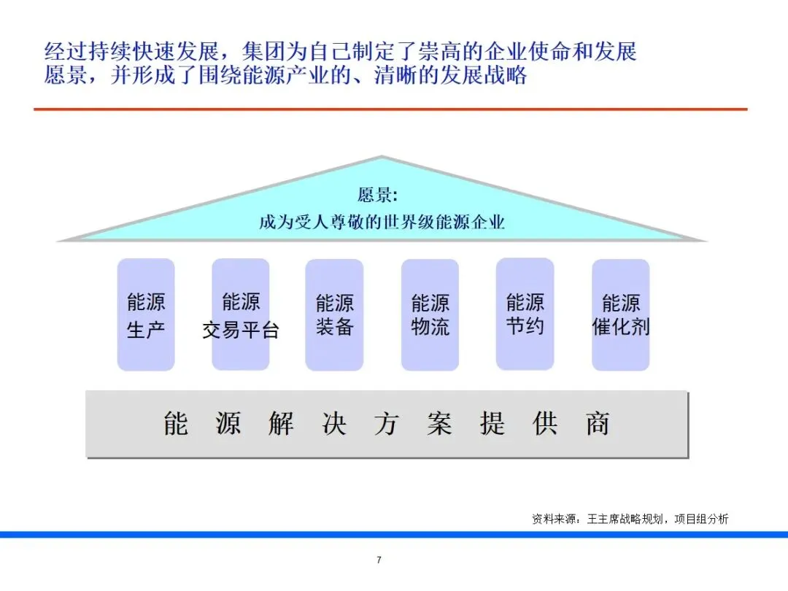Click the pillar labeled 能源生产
146,314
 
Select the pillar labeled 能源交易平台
241,314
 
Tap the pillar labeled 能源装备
334,314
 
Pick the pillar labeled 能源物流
430,314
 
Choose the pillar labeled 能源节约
525,314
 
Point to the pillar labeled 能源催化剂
620,314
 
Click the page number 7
379,560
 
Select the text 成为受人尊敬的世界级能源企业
381,222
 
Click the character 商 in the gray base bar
598,424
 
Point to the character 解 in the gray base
281,424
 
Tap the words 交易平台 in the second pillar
241,331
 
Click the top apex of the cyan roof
381,158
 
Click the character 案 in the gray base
439,424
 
